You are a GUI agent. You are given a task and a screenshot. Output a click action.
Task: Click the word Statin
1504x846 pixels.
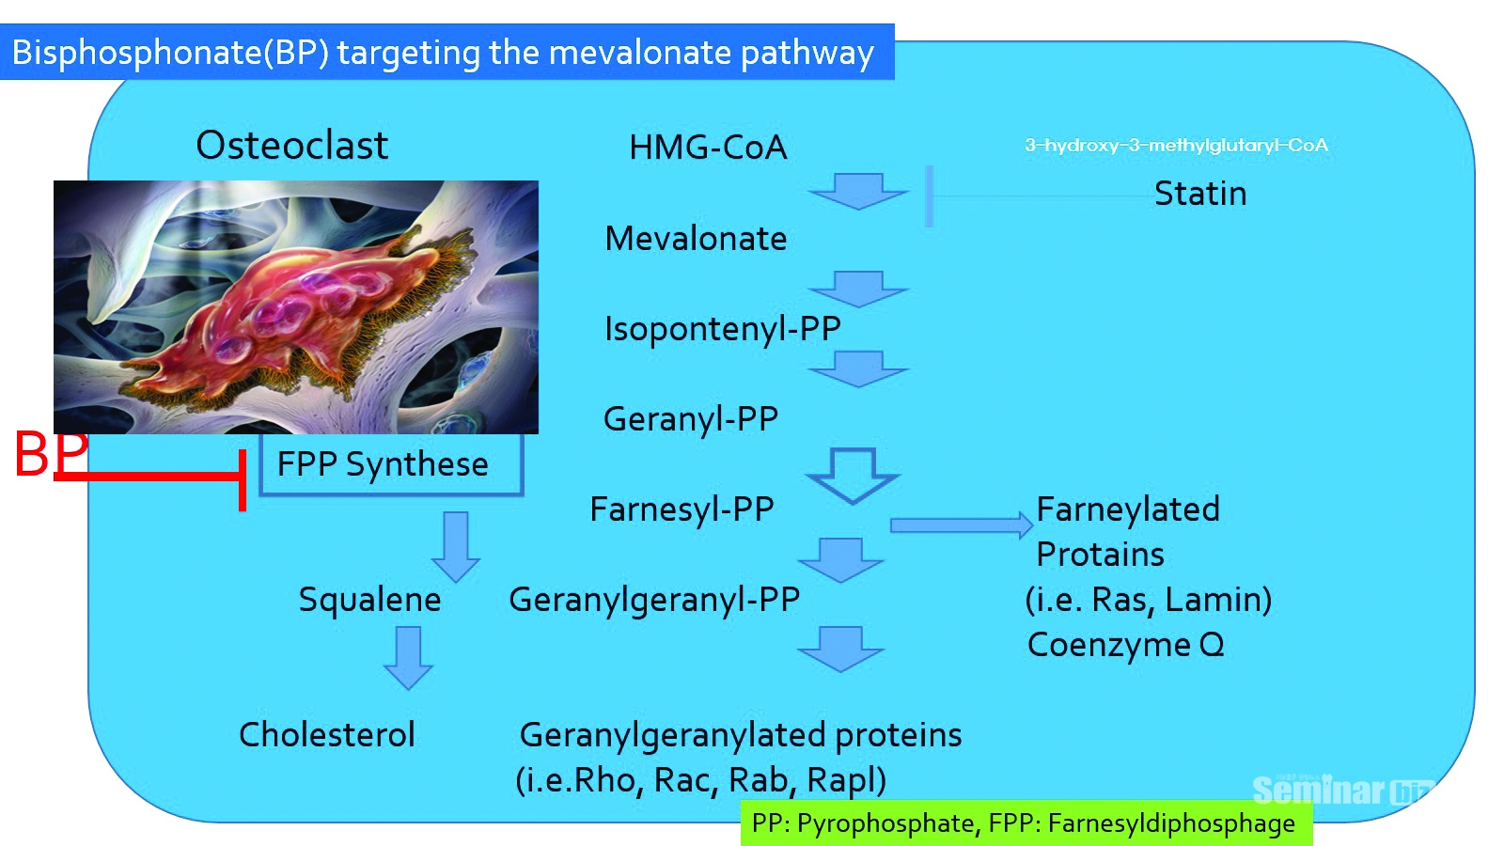click(x=1199, y=194)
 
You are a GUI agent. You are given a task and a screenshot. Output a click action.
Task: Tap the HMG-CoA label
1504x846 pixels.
click(x=708, y=148)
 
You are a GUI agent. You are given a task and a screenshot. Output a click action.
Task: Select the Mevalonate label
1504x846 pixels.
click(x=696, y=239)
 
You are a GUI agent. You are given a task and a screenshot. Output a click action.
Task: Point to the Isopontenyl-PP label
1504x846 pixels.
click(x=722, y=329)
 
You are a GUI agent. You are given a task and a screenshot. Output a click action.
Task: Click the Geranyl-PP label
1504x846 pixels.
click(x=691, y=419)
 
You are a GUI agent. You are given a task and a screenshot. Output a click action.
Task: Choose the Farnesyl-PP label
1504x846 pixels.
click(x=681, y=509)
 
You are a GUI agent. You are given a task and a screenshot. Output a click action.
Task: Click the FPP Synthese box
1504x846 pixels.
click(x=390, y=464)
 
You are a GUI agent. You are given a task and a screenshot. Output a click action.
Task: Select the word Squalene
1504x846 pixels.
click(x=369, y=600)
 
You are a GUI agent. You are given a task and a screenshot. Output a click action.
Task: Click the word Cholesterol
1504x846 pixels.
click(x=326, y=735)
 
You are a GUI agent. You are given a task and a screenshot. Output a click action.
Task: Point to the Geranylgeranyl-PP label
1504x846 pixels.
click(x=654, y=600)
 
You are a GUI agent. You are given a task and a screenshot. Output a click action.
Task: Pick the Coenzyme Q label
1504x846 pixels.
click(x=1125, y=645)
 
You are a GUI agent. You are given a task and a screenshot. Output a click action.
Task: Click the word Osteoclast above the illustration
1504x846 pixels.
click(x=291, y=146)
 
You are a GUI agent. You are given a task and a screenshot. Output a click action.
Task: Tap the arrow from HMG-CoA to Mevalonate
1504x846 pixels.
click(x=858, y=191)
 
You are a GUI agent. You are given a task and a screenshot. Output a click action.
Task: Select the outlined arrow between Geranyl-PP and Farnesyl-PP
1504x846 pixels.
click(x=854, y=475)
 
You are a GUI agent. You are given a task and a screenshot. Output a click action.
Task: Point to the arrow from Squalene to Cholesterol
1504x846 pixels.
click(x=408, y=657)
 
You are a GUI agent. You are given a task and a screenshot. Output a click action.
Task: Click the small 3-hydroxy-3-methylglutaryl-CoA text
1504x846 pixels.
click(x=1176, y=145)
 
